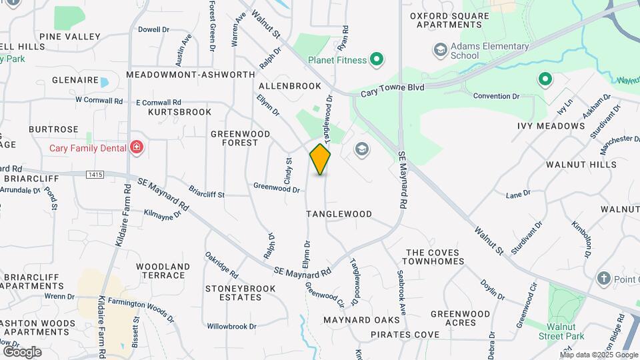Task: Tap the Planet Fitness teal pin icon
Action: (377, 60)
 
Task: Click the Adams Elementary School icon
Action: (440, 50)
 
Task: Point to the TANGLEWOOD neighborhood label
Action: (339, 214)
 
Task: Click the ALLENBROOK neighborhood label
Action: (289, 86)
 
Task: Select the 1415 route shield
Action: (95, 175)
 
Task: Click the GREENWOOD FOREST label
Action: (241, 138)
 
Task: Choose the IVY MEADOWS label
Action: (551, 126)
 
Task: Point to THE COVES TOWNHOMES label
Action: (435, 257)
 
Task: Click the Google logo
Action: (23, 351)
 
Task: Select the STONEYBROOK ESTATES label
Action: (240, 293)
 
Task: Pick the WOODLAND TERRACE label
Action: (163, 271)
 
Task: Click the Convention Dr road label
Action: (496, 96)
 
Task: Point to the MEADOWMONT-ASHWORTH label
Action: (190, 75)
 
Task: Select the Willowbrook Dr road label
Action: (231, 327)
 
